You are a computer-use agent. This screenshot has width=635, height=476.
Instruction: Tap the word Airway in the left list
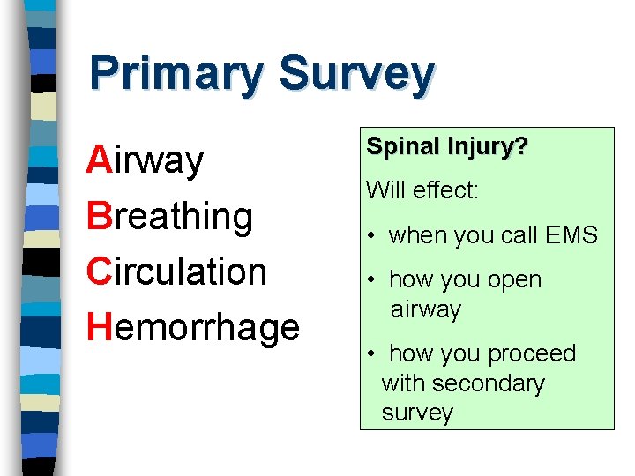click(146, 161)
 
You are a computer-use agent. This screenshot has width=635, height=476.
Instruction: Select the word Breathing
click(169, 217)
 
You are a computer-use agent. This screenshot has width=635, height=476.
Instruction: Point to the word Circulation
click(176, 271)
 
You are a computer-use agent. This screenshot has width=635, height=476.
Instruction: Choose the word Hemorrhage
click(193, 327)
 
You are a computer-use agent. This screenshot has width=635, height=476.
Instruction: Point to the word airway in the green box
click(427, 309)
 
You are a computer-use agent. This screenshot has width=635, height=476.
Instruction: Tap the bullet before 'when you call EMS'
click(374, 236)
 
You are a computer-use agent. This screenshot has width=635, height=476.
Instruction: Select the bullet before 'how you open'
click(374, 280)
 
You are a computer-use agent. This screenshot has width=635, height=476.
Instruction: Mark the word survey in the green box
click(417, 413)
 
